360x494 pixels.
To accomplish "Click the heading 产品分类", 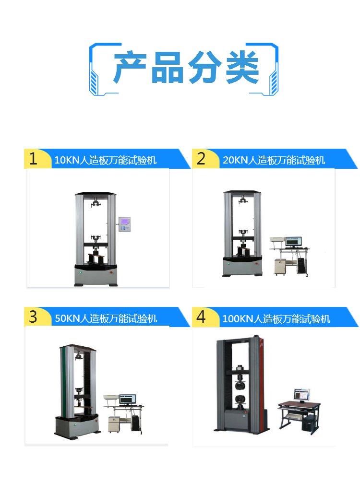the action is [x=186, y=68].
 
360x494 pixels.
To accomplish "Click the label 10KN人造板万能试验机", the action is [x=106, y=160].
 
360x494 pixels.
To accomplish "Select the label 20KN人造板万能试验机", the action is [x=274, y=160].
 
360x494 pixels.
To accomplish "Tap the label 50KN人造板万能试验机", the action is [x=106, y=318].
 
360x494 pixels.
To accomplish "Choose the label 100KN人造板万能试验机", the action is [x=276, y=319].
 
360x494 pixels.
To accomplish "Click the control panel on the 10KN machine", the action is [x=124, y=224].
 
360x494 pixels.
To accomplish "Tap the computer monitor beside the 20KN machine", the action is [x=293, y=242].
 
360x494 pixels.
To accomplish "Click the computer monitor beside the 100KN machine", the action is [x=302, y=395].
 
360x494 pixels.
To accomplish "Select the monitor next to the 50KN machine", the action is [x=127, y=400].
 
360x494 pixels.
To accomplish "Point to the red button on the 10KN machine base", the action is [x=111, y=273].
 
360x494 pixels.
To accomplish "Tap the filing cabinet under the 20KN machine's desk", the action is [x=280, y=267].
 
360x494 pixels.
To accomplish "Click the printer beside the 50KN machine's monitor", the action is [x=111, y=399].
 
